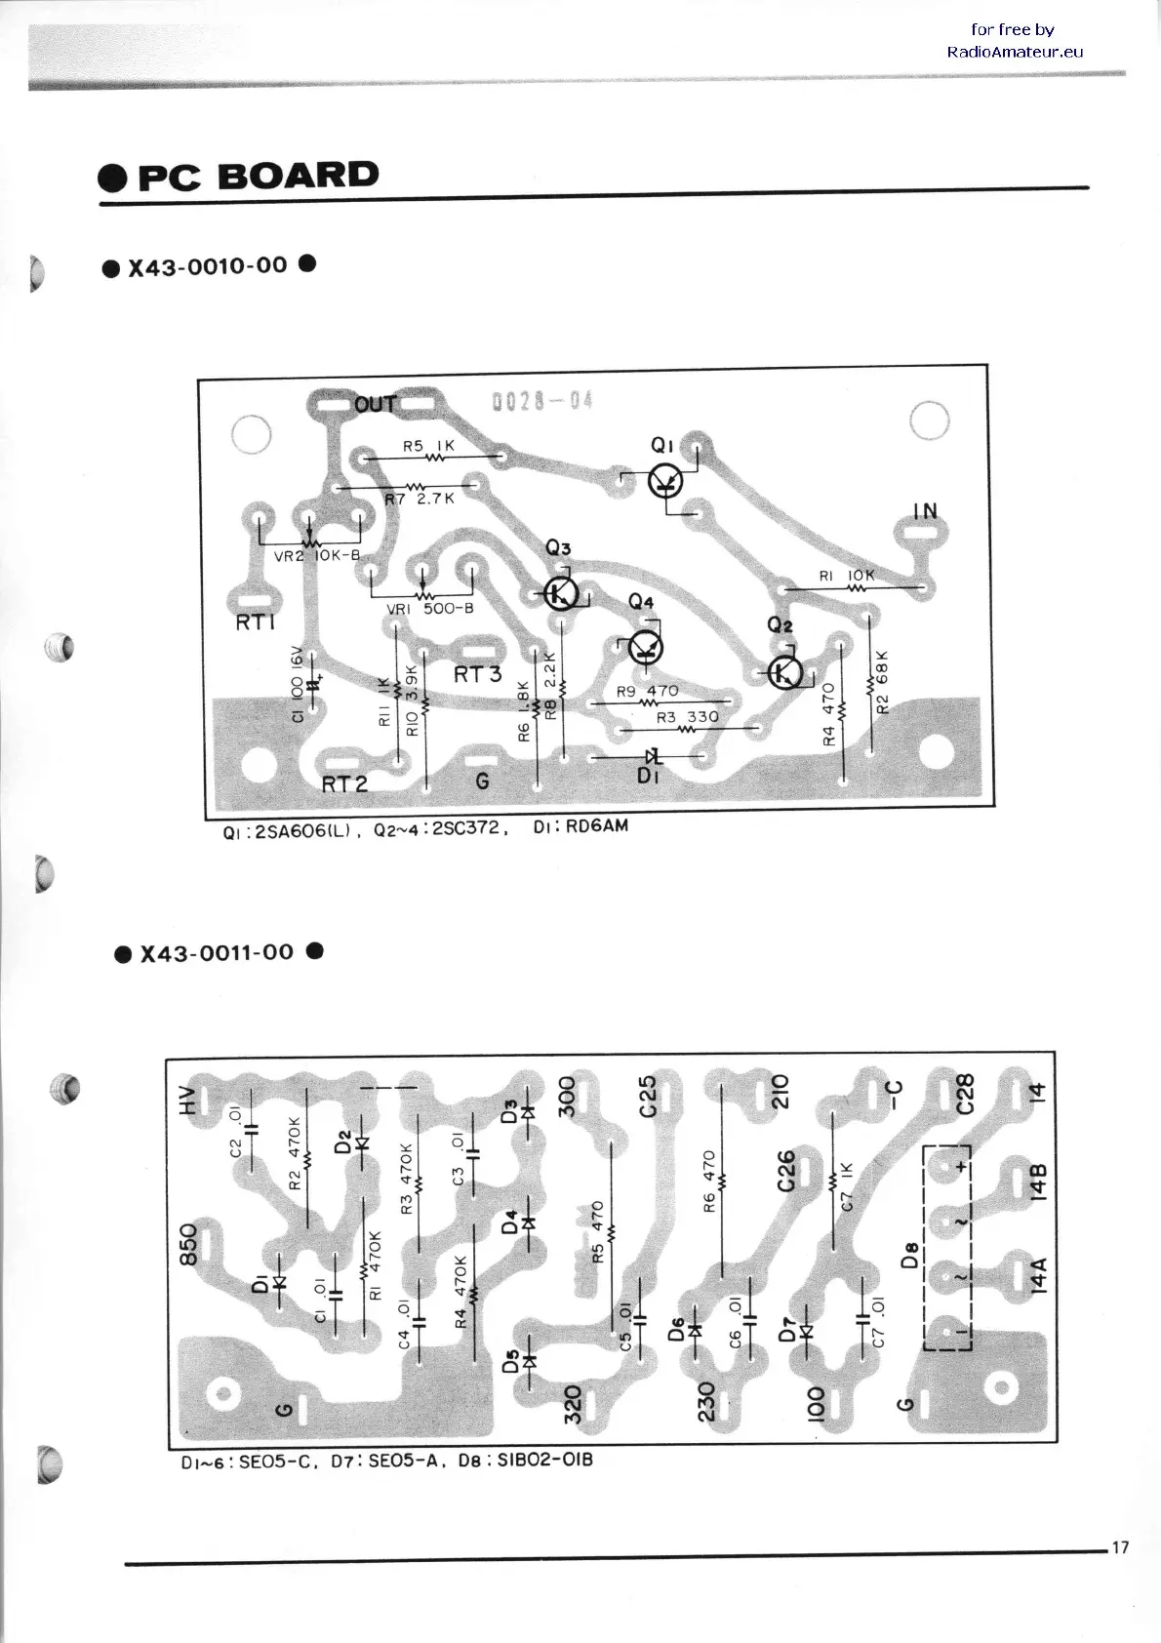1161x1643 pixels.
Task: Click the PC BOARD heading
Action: [239, 176]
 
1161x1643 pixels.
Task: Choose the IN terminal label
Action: [925, 510]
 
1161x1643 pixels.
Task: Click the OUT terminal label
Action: [376, 403]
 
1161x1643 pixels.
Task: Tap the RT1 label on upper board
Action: [256, 622]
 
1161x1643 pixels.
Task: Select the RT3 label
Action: [477, 674]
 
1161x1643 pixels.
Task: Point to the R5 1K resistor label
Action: [429, 446]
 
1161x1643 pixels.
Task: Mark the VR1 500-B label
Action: [430, 610]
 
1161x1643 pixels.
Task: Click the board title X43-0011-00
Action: [217, 953]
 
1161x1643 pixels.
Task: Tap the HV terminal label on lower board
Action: [188, 1101]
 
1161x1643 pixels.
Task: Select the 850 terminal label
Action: [188, 1244]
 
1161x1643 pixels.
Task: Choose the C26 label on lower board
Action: [786, 1171]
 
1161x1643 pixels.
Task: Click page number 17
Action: [1119, 1547]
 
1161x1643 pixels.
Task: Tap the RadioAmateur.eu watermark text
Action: [1015, 52]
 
